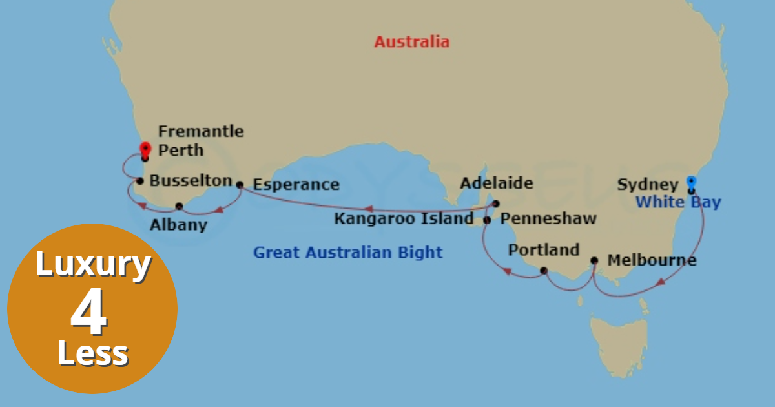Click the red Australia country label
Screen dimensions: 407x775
click(411, 43)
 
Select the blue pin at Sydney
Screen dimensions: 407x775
click(692, 183)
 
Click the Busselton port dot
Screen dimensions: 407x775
click(140, 181)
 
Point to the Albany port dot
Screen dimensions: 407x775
click(179, 207)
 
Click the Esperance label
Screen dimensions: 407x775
click(296, 185)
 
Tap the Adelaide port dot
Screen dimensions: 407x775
click(496, 204)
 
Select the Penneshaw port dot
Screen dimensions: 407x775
click(488, 220)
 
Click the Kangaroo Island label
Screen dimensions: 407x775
click(404, 219)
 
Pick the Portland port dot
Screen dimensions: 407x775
click(544, 270)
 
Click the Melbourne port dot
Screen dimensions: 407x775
click(594, 261)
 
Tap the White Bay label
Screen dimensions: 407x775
click(678, 202)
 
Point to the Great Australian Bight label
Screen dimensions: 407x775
click(347, 253)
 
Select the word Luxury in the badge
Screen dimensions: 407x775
click(92, 266)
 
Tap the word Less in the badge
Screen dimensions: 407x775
click(92, 355)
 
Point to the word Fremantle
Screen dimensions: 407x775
click(201, 132)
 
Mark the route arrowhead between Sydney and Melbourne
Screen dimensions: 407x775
click(661, 282)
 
